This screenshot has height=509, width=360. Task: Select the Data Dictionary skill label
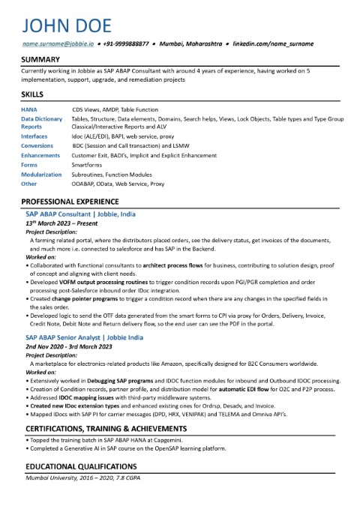(x=41, y=119)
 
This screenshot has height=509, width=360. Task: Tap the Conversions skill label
(x=37, y=145)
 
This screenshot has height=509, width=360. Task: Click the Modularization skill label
(x=41, y=173)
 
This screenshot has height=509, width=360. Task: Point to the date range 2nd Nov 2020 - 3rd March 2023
(x=69, y=347)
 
